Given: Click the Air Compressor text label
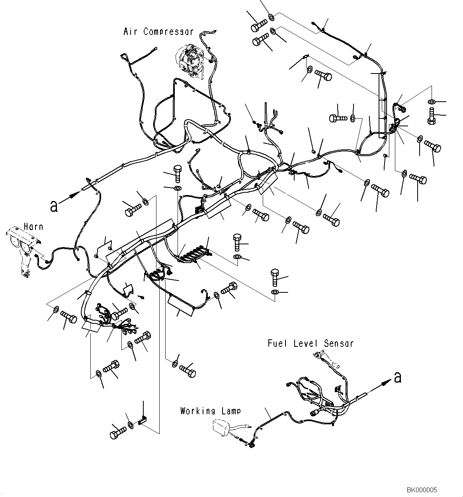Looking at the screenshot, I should click(158, 32).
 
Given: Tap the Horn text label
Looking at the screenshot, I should click(33, 227).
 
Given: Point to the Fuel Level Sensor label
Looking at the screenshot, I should click(311, 343).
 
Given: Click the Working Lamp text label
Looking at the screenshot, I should click(210, 411).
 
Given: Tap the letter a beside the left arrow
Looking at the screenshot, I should click(54, 206).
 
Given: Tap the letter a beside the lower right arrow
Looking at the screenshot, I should click(397, 377).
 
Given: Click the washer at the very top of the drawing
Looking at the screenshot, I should click(271, 17).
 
